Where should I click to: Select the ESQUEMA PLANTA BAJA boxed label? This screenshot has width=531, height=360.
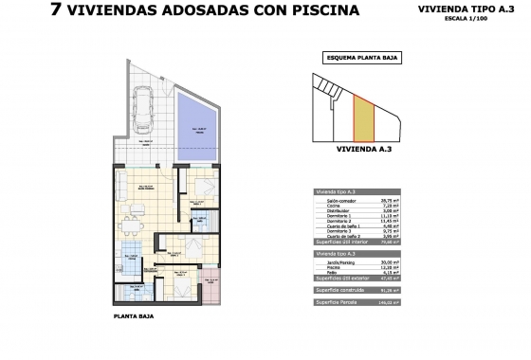tap(361, 58)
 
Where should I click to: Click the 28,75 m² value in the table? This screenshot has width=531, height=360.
tap(414, 201)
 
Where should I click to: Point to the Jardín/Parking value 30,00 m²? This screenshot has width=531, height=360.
tap(414, 263)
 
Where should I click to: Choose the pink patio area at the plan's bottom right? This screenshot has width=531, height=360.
tap(211, 282)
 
